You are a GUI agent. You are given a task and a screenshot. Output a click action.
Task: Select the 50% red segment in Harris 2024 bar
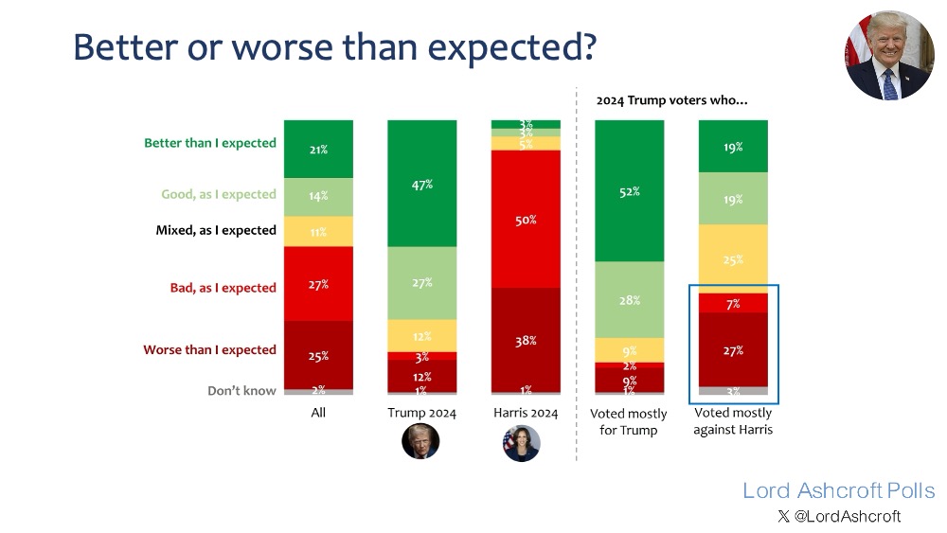526,219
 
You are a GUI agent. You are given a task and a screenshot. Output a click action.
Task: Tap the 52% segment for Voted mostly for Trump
629,190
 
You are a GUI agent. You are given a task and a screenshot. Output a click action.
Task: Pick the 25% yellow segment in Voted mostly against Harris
732,258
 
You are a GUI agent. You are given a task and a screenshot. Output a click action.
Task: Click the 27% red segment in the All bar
318,283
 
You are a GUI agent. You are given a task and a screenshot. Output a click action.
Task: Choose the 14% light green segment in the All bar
318,195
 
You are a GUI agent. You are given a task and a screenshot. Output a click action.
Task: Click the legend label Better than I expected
210,144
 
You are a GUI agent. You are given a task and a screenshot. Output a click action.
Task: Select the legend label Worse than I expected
209,349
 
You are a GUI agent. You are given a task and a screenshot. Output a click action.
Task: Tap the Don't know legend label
241,390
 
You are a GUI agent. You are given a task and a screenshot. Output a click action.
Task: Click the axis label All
318,414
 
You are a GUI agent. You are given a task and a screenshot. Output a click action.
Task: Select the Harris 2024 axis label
526,414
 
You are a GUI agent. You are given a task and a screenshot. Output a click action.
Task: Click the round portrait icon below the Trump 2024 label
420,442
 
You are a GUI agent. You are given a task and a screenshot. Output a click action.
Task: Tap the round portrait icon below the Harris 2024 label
521,443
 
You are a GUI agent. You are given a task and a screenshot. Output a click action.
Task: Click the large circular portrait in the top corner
889,56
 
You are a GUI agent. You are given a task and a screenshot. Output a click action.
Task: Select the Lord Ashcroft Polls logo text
838,490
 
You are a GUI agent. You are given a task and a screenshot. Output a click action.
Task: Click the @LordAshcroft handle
847,516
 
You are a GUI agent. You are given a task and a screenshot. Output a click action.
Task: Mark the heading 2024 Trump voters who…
671,98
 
